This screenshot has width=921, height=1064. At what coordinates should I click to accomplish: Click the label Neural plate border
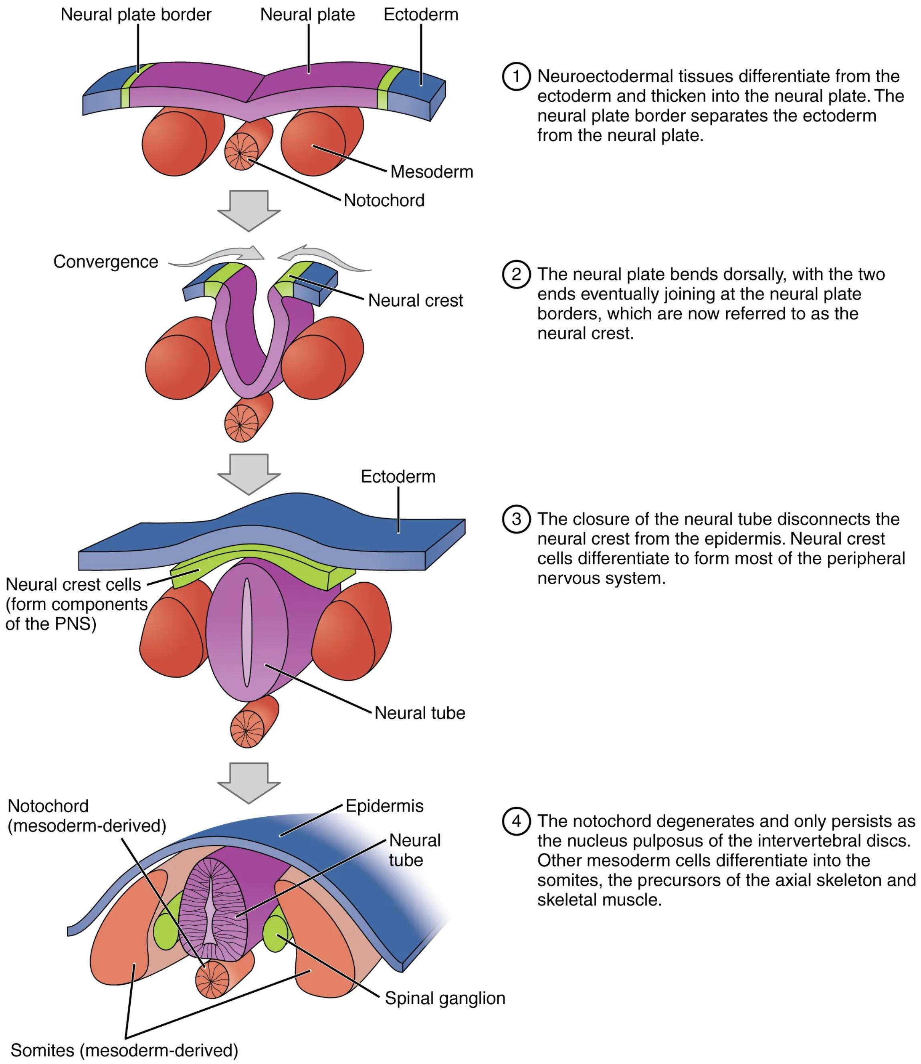(x=136, y=14)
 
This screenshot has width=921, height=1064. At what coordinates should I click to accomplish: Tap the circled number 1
(x=516, y=77)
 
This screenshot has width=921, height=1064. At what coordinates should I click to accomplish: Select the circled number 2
(x=516, y=275)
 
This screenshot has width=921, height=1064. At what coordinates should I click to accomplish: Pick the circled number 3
(x=516, y=519)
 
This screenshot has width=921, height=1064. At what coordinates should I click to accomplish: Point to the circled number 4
(x=516, y=821)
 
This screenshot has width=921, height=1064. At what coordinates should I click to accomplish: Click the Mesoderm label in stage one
(x=432, y=172)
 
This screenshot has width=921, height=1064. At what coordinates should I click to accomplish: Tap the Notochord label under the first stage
(x=384, y=200)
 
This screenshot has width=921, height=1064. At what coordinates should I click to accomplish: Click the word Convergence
(x=106, y=262)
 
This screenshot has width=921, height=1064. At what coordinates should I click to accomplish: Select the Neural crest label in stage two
(x=415, y=300)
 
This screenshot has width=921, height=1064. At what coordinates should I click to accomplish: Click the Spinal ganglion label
(x=444, y=998)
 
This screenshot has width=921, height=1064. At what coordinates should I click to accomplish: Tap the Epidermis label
(x=384, y=806)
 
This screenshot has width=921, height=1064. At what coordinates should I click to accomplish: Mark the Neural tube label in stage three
(x=419, y=713)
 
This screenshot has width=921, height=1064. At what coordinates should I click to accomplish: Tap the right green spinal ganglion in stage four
(x=276, y=933)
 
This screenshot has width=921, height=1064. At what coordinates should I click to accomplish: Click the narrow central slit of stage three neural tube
(x=247, y=632)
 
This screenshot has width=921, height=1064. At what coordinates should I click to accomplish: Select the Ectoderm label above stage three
(x=398, y=476)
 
